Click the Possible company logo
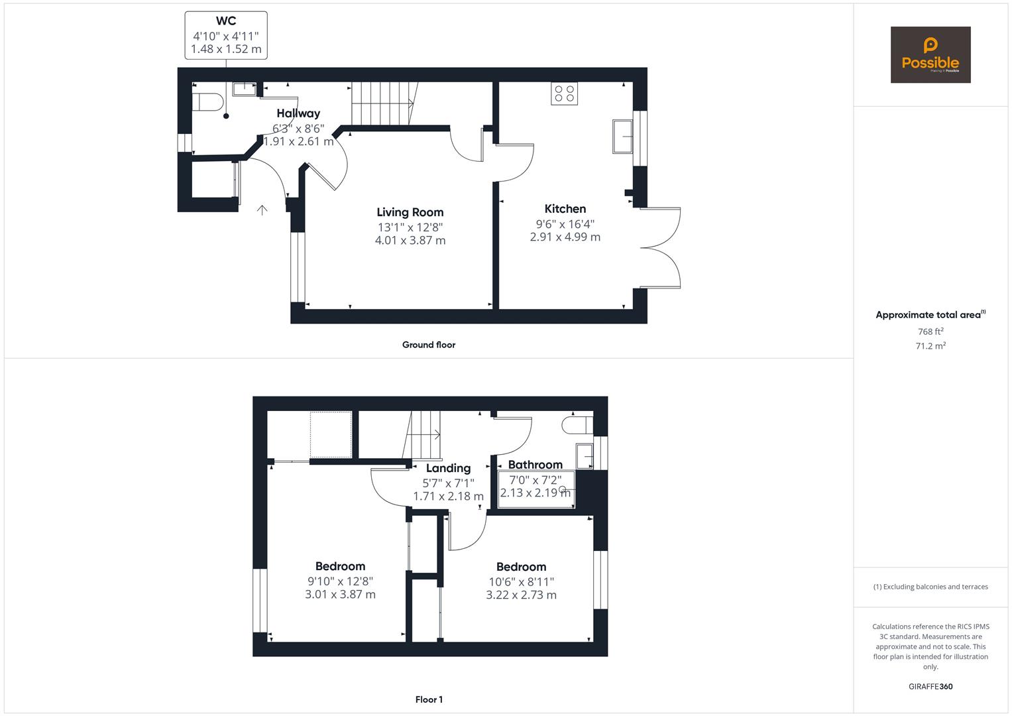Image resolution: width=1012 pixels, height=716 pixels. [930, 55]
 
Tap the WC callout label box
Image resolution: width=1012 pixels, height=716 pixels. [226, 35]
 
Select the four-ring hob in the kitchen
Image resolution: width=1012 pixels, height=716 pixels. [564, 93]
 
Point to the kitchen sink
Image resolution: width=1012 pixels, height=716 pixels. [622, 137]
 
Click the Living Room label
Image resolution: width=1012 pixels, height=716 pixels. [410, 212]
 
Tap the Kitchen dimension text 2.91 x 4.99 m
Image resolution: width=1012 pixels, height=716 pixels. [565, 237]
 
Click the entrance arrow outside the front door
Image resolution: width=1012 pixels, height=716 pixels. [262, 210]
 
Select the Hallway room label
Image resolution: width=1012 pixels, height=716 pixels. [298, 113]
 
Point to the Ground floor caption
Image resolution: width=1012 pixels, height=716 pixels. [428, 345]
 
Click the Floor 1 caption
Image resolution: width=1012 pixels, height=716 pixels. [428, 699]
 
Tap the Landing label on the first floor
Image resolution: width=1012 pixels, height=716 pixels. [448, 468]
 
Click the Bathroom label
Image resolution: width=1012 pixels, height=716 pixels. [535, 465]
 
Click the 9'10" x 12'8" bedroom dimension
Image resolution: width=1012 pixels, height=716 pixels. [340, 581]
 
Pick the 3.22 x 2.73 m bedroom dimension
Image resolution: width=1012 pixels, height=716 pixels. [521, 595]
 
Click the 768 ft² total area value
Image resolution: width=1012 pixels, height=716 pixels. [930, 331]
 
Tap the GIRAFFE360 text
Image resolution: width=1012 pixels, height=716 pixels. [930, 686]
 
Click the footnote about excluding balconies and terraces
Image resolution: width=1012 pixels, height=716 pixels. [930, 587]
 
